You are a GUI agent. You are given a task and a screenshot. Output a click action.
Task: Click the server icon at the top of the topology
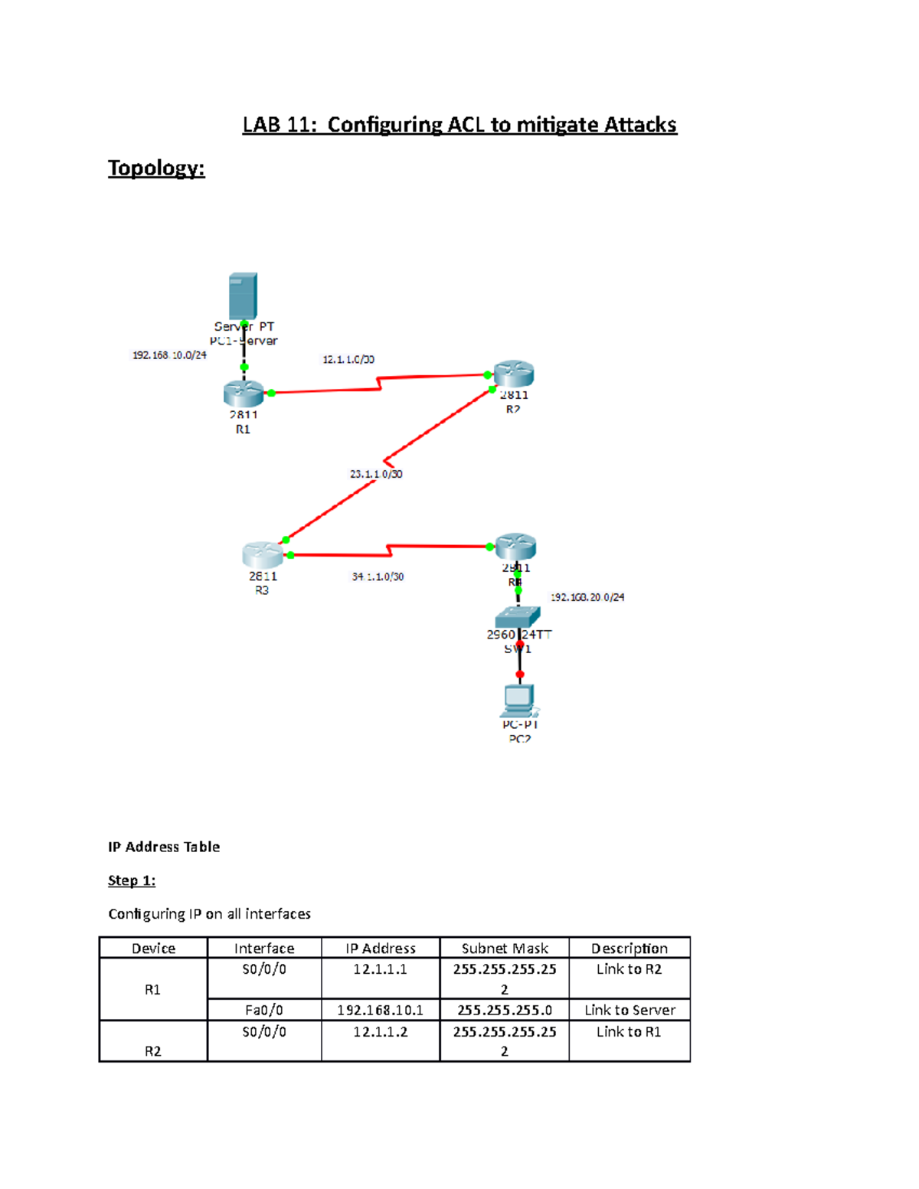[x=243, y=296]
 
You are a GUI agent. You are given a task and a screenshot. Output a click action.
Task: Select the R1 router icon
[x=244, y=393]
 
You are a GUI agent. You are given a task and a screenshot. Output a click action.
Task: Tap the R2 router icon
[x=513, y=374]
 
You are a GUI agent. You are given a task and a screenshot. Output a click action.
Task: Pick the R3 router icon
[x=262, y=554]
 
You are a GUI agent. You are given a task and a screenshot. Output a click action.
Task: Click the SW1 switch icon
[x=518, y=616]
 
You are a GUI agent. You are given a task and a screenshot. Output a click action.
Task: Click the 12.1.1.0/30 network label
[x=348, y=359]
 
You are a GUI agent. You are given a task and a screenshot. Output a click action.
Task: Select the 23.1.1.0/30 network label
[x=376, y=474]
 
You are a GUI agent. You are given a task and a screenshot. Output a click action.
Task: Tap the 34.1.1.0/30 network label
[x=378, y=577]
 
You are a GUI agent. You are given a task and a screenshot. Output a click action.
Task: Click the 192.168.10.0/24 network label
[x=169, y=355]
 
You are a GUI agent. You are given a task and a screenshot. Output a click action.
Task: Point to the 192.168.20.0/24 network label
[x=587, y=597]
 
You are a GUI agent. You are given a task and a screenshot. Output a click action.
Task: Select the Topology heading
[x=156, y=168]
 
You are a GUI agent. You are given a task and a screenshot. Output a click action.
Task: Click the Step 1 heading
[x=132, y=880]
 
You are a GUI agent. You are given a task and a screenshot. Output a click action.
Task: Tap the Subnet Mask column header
[x=505, y=948]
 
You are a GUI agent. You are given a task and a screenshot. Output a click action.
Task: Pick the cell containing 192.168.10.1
[x=380, y=1010]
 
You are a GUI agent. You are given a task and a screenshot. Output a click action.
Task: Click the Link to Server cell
[x=630, y=1010]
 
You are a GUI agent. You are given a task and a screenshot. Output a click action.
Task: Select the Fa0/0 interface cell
[x=264, y=1010]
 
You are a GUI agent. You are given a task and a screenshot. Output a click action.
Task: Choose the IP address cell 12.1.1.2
[x=380, y=1032]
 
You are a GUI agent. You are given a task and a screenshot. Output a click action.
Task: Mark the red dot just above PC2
[x=520, y=675]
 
